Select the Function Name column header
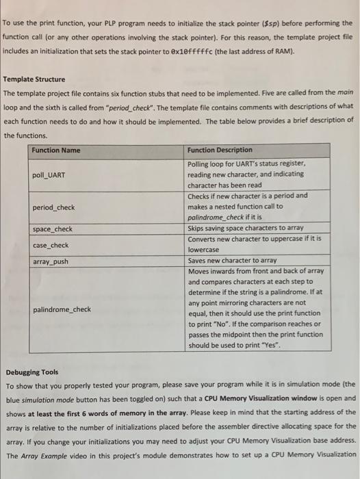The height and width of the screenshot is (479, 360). [x=56, y=151]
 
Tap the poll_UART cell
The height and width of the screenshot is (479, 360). [x=49, y=175]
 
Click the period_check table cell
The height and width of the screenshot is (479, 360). [x=53, y=207]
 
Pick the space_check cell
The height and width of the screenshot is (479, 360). [x=52, y=229]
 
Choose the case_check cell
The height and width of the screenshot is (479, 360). [x=51, y=245]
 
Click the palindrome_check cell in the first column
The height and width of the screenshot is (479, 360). [x=62, y=309]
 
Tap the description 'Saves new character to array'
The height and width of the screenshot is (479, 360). [x=232, y=261]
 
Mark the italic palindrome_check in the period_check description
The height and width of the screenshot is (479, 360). [x=217, y=218]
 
